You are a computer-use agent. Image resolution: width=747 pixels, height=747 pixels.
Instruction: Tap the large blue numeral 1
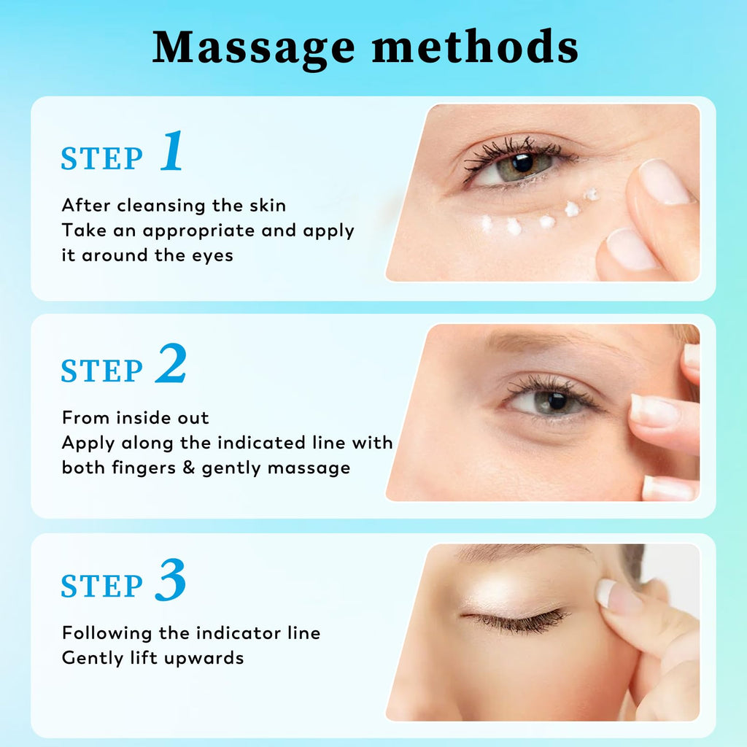[x=172, y=150]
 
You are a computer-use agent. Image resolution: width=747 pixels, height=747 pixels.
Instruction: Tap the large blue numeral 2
[x=171, y=363]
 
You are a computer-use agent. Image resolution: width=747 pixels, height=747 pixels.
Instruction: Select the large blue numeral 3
[x=171, y=580]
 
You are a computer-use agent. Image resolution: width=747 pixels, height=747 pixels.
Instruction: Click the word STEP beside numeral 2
[x=101, y=371]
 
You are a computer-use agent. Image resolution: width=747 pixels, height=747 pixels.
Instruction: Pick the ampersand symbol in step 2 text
[x=189, y=467]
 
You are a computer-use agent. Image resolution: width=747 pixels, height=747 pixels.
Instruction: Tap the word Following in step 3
[x=108, y=634]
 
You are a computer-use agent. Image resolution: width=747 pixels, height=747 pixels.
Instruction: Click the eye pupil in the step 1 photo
[x=523, y=163]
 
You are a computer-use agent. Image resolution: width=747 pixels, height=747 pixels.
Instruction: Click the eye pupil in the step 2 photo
[x=557, y=401]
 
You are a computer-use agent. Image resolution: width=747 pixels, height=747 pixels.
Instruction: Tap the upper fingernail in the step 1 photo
[x=664, y=182]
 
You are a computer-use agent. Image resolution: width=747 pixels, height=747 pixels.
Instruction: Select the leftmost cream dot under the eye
[x=486, y=223]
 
